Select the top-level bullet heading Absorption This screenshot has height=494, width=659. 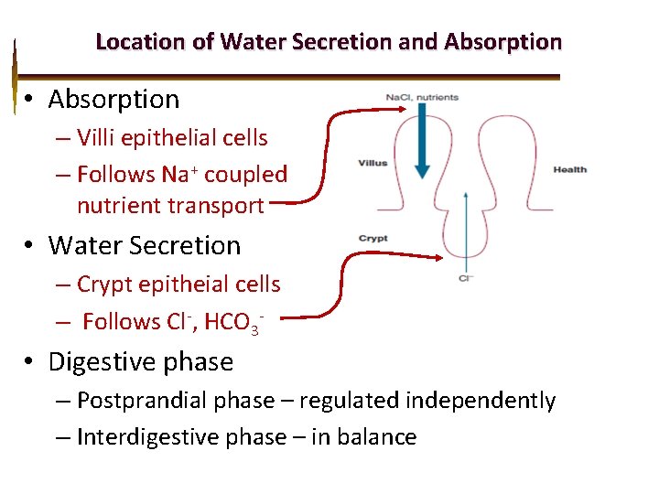[113, 99]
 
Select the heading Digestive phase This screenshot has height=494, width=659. [141, 362]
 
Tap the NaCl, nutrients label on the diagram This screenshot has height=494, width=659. [422, 97]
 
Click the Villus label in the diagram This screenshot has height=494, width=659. [373, 164]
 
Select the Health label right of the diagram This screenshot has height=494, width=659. [570, 169]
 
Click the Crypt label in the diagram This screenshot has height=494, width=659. [373, 239]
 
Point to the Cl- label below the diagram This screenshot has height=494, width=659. [466, 277]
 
